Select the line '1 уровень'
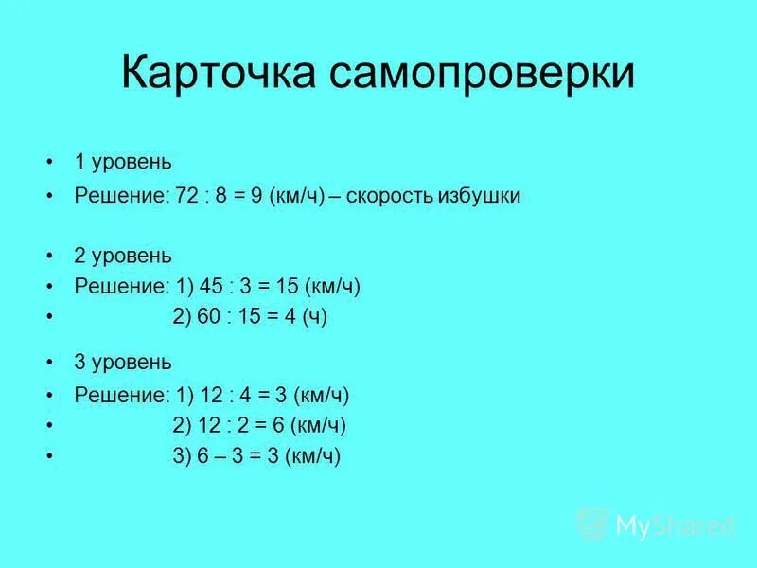click(x=123, y=162)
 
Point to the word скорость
click(x=389, y=196)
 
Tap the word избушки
click(x=479, y=196)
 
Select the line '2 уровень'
click(x=123, y=256)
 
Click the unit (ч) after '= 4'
click(x=315, y=318)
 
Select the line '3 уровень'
click(x=123, y=362)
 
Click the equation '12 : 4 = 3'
click(x=242, y=395)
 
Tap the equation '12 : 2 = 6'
click(x=242, y=425)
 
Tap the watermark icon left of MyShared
click(x=593, y=524)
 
